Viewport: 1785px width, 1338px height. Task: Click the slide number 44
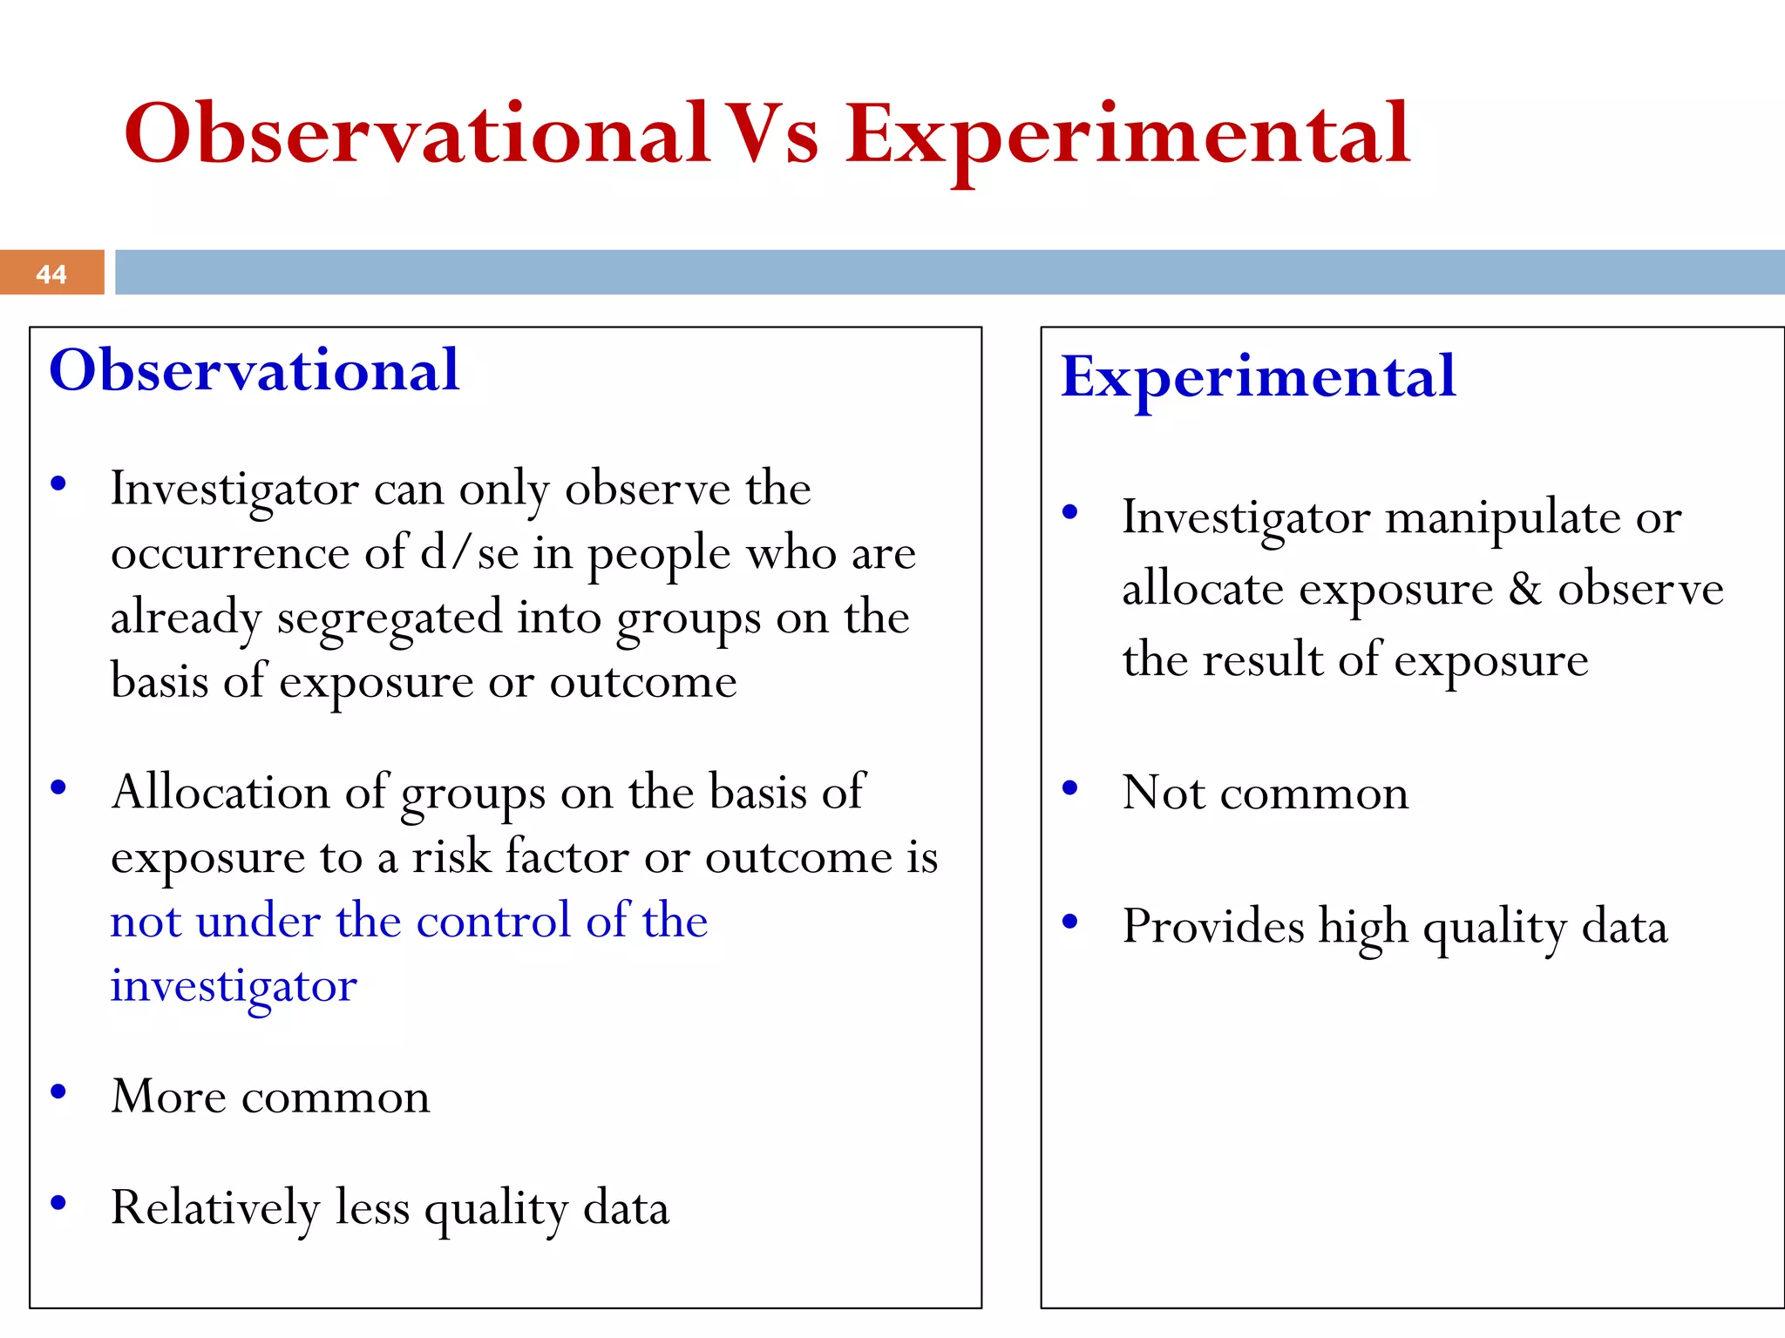(x=51, y=274)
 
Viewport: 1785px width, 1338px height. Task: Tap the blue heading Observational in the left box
(x=254, y=370)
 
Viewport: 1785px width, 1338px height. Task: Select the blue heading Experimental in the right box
(x=1258, y=377)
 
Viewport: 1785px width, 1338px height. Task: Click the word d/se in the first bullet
(x=469, y=553)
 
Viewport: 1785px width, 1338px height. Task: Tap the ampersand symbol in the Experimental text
(x=1525, y=590)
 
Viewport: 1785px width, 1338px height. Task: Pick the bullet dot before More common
(x=58, y=1091)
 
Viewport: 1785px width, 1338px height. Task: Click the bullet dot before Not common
(x=1070, y=788)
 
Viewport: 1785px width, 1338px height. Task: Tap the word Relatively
(x=215, y=1209)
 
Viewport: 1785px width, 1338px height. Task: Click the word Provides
(x=1212, y=926)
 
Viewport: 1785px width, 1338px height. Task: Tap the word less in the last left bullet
(x=372, y=1208)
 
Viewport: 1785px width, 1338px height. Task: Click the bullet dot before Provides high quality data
(x=1070, y=922)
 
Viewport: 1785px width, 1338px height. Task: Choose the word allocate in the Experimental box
(x=1202, y=590)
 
